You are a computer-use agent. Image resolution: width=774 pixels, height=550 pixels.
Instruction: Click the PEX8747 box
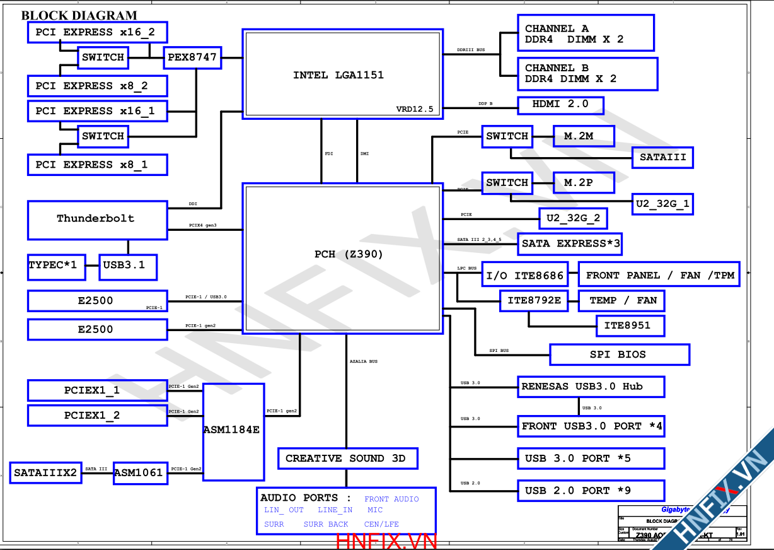pos(192,57)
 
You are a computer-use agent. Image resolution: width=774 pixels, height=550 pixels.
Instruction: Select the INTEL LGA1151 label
pos(338,75)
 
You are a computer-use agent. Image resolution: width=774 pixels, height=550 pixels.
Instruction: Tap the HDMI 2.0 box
pos(560,105)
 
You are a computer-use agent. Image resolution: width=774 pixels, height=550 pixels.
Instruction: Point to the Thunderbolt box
pos(97,220)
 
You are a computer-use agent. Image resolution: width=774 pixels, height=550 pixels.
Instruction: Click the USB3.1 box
pos(128,266)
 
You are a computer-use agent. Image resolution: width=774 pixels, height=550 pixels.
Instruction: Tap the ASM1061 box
pos(140,472)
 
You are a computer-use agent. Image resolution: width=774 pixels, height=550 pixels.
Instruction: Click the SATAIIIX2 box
pos(46,472)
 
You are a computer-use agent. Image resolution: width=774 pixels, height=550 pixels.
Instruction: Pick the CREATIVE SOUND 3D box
pos(347,459)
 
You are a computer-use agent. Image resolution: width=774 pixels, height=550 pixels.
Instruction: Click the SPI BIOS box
pos(619,354)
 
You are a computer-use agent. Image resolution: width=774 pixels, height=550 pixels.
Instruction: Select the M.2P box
pos(583,183)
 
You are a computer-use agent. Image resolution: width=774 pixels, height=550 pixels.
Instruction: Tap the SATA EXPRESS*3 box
pos(570,243)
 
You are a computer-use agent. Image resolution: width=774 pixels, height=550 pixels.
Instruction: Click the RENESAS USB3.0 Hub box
pos(591,387)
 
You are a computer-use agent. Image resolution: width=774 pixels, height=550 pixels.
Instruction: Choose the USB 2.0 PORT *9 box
pos(591,491)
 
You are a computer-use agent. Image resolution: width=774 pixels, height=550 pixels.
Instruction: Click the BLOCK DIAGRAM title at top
pos(79,16)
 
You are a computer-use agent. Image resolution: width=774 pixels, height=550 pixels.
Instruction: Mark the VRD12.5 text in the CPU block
pos(414,109)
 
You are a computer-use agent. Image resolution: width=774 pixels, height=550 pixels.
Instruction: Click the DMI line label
pos(364,153)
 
